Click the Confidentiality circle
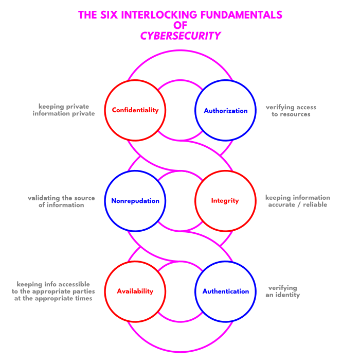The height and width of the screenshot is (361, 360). pos(135,110)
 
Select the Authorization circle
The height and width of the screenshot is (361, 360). pos(225,110)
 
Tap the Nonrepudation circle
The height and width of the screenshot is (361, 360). pos(135,201)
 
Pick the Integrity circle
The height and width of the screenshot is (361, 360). pos(225,201)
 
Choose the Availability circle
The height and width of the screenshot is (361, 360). pos(135,291)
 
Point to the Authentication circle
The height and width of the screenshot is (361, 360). pos(225,291)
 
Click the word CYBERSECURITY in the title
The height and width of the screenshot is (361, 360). pos(181,36)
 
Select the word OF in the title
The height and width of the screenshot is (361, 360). pos(181,25)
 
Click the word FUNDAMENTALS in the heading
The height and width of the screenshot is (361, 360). pos(244,15)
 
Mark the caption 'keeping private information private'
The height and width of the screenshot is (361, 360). pos(64,110)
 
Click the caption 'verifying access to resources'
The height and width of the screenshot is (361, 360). pos(291,111)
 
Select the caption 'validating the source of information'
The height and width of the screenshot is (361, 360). pos(61,201)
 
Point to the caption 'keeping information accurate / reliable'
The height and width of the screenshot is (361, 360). pos(297,201)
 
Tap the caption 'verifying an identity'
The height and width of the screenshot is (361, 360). pos(282,291)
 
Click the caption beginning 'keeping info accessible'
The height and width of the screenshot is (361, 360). pos(53,291)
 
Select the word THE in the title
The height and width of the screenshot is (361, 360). pos(87,15)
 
